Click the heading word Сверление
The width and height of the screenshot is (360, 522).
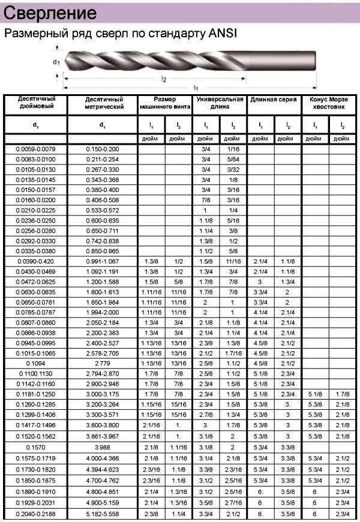(50, 13)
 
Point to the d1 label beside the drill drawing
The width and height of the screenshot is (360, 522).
(56, 61)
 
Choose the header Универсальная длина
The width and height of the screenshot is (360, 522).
(220, 103)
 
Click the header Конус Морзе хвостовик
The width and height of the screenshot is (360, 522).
(329, 103)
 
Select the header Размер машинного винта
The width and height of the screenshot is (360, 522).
(165, 103)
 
